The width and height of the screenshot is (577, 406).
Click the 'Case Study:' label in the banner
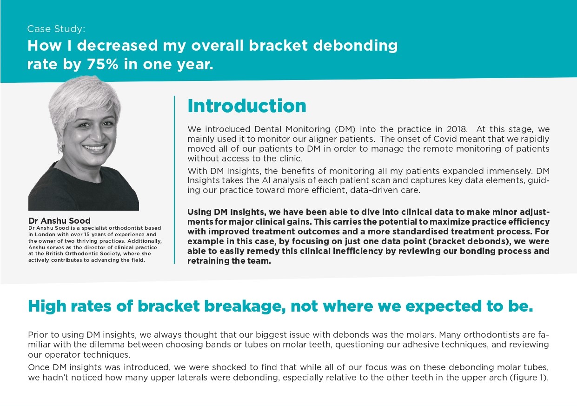[56, 29]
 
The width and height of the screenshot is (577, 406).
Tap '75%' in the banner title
[102, 64]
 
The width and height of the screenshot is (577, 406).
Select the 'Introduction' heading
[247, 106]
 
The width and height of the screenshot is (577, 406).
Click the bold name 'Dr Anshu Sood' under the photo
[60, 221]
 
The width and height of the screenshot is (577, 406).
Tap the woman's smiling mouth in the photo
[95, 148]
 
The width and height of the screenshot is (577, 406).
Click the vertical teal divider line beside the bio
[174, 180]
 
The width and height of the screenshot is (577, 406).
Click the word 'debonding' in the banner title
[355, 46]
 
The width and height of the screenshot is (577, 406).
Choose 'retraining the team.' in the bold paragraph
[229, 261]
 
